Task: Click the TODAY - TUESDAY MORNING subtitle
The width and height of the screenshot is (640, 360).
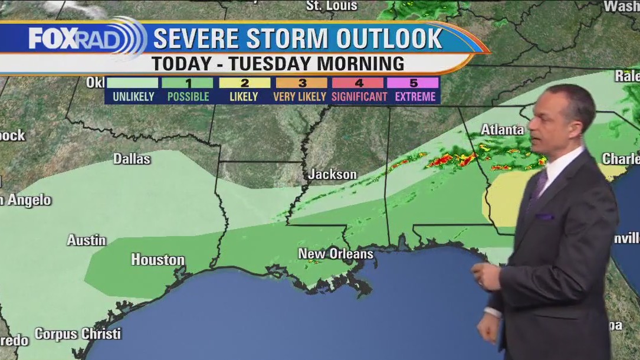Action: click(277, 64)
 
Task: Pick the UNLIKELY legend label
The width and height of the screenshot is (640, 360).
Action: click(133, 96)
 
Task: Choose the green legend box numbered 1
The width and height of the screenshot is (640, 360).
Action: click(188, 83)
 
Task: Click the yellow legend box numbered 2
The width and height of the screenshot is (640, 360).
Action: click(244, 83)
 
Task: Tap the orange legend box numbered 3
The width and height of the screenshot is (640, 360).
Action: click(301, 83)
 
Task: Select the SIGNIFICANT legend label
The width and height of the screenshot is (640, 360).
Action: click(359, 96)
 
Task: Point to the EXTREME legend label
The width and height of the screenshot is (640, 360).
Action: click(415, 96)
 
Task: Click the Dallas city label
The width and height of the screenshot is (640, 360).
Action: click(132, 159)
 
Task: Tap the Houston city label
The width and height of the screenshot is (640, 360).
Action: click(157, 260)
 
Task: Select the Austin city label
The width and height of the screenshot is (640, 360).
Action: click(86, 240)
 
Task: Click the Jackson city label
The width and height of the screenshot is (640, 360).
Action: click(333, 174)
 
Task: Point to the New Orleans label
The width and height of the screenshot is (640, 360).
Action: click(336, 254)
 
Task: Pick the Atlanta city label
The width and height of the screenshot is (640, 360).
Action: click(502, 129)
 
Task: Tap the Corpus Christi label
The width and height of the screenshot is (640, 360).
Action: click(78, 333)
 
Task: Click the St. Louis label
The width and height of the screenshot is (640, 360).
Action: click(332, 6)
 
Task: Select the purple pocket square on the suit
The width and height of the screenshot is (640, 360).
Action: click(544, 217)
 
